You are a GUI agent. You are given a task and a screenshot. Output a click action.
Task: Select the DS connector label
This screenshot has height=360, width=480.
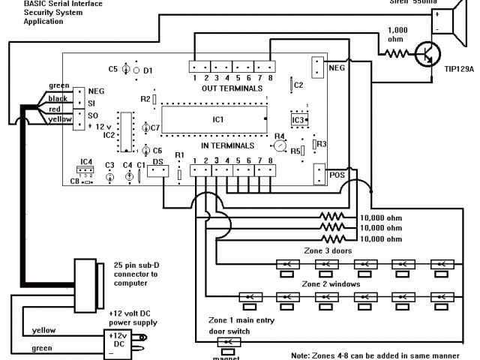pyautogui.click(x=158, y=161)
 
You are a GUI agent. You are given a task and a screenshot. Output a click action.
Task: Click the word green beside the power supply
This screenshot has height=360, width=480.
pyautogui.click(x=42, y=348)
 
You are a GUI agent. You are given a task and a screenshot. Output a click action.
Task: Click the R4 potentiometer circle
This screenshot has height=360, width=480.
pyautogui.click(x=279, y=146)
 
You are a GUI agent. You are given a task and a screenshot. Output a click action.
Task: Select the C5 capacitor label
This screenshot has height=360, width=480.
pyautogui.click(x=113, y=68)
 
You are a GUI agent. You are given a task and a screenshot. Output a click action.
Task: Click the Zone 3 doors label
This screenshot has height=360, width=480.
pyautogui.click(x=324, y=250)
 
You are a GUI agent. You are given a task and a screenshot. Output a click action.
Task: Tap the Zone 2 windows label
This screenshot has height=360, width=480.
pyautogui.click(x=331, y=284)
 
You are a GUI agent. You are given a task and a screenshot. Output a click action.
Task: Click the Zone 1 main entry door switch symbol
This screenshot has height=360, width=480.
pyautogui.click(x=226, y=343)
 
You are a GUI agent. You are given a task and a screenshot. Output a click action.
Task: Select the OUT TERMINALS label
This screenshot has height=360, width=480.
pyautogui.click(x=228, y=88)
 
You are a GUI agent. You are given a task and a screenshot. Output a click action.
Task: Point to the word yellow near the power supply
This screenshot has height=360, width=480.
pyautogui.click(x=43, y=330)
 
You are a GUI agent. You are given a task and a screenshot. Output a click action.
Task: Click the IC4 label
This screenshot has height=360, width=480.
pyautogui.click(x=86, y=161)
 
